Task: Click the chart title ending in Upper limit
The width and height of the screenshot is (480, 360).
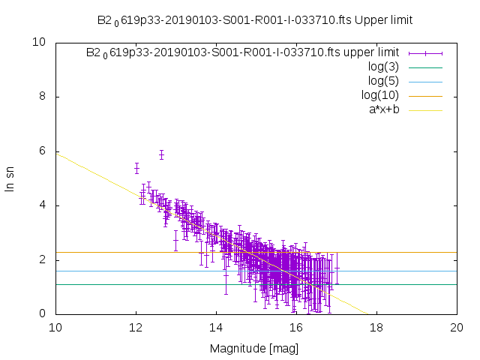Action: click(255, 19)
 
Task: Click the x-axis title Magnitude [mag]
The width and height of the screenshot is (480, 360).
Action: click(255, 349)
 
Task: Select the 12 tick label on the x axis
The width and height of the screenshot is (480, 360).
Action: click(136, 328)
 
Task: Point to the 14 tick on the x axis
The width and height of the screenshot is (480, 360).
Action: click(216, 328)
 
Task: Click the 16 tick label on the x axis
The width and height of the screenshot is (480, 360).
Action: click(296, 328)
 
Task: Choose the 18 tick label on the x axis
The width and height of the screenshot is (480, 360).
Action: click(376, 328)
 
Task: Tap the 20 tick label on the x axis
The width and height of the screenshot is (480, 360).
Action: click(457, 328)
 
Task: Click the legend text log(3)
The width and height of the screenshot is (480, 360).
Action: click(383, 67)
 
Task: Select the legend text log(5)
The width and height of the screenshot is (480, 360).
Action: click(383, 81)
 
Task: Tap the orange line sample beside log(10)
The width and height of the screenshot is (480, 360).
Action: click(424, 95)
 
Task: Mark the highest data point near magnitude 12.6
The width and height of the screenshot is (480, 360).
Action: click(161, 155)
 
